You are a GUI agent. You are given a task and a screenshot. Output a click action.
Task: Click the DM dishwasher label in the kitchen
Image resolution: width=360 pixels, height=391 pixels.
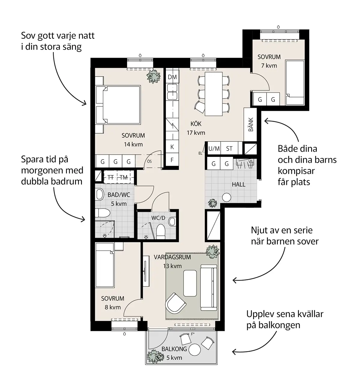coord(172,77)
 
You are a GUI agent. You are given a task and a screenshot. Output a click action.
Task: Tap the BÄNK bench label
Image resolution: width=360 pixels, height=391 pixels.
coord(251,124)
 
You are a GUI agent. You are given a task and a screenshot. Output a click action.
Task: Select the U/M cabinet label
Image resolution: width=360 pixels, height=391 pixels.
coord(214,149)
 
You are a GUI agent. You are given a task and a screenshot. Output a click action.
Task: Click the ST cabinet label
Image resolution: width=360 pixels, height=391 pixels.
coord(229,149)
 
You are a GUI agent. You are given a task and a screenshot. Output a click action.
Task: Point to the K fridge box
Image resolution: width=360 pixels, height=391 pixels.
coord(172,147)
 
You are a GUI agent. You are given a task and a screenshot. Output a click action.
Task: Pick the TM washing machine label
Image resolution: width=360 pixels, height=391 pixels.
coord(124,177)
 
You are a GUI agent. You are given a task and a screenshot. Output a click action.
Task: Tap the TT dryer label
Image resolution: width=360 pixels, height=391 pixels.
coord(110,177)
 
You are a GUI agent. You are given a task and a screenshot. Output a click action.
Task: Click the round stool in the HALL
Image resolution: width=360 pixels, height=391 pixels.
coord(226,197)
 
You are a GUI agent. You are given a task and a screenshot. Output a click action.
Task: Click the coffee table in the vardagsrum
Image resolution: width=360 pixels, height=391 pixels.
coord(190,283)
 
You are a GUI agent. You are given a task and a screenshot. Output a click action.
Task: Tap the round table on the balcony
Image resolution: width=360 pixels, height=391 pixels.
coord(195,350)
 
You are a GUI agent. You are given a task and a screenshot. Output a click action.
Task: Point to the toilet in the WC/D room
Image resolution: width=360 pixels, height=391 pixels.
coord(161,231)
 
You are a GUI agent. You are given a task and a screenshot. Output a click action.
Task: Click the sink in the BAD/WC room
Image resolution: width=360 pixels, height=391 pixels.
coord(100,194)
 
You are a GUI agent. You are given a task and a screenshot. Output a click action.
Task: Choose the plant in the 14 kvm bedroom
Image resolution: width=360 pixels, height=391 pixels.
coord(154,76)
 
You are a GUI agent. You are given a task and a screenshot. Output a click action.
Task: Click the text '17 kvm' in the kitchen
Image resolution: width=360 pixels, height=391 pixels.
coord(196,133)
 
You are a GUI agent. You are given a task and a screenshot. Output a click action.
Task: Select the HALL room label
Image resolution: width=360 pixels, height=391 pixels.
coord(238,184)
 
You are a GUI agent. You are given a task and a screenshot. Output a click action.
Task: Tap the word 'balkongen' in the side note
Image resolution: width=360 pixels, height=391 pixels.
coord(274,326)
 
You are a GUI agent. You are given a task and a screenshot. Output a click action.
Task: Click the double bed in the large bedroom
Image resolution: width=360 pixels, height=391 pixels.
coord(118,105)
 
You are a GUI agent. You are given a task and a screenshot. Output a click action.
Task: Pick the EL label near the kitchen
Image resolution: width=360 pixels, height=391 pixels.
coord(200,153)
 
